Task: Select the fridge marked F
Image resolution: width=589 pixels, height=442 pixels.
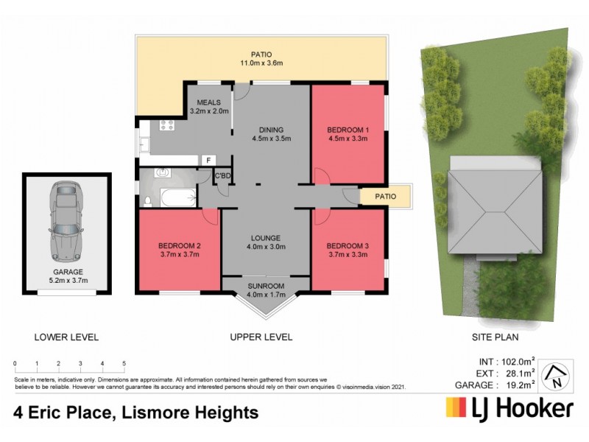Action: pyautogui.click(x=208, y=160)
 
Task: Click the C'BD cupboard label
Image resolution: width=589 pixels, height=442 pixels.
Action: pyautogui.click(x=222, y=175)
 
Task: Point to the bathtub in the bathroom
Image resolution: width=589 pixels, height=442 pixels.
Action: pyautogui.click(x=177, y=198)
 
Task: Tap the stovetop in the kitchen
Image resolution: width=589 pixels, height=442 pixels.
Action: pyautogui.click(x=166, y=124)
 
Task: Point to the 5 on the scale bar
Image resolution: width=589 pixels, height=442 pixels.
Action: pyautogui.click(x=124, y=364)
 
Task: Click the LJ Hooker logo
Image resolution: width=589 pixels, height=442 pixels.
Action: pyautogui.click(x=509, y=407)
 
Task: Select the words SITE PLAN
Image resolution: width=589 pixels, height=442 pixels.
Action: pyautogui.click(x=495, y=337)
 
